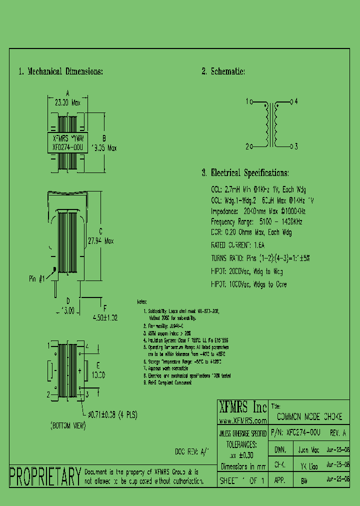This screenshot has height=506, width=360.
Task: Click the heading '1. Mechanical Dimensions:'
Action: point(60,71)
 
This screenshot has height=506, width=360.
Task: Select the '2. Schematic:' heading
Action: point(223,71)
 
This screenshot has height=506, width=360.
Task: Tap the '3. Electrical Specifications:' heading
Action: point(245,173)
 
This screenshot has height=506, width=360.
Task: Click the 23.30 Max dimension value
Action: point(67,102)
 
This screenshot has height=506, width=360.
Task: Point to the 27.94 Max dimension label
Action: point(100,240)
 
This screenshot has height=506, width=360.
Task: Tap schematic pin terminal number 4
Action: point(296,101)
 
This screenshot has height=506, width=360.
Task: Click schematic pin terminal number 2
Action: point(247,146)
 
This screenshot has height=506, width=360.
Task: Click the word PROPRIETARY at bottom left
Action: point(45,476)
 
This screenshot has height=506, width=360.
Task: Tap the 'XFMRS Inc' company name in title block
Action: point(242,405)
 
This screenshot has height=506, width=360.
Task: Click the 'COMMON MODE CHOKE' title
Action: point(309,416)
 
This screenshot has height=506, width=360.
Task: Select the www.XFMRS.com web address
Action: point(242,420)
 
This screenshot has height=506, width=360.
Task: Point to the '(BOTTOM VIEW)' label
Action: point(68,426)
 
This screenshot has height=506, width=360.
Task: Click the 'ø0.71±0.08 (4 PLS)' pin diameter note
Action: point(113,414)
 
